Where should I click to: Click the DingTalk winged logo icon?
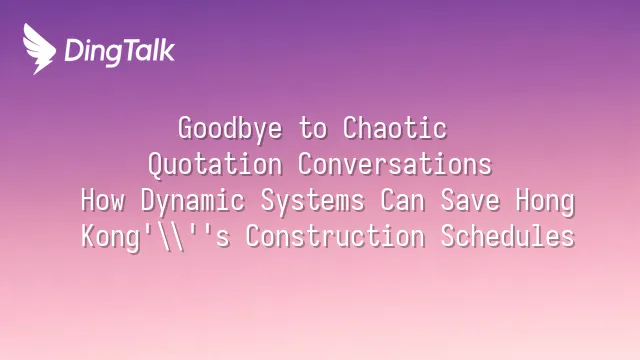click(x=39, y=49)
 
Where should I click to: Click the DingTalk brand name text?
click(x=120, y=52)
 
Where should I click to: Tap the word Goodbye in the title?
click(x=230, y=129)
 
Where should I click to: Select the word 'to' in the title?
click(x=313, y=128)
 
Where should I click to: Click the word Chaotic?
click(x=395, y=128)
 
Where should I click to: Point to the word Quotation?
click(x=215, y=165)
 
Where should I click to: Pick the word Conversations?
click(x=395, y=164)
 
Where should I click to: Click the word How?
click(x=102, y=200)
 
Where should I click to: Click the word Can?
click(x=402, y=200)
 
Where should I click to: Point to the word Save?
click(x=470, y=200)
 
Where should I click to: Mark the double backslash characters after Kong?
click(x=170, y=237)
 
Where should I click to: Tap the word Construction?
click(x=335, y=236)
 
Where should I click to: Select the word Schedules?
click(x=508, y=236)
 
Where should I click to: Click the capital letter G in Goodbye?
click(x=185, y=128)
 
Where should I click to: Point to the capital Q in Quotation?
click(x=155, y=165)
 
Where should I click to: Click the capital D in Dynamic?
click(x=148, y=200)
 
